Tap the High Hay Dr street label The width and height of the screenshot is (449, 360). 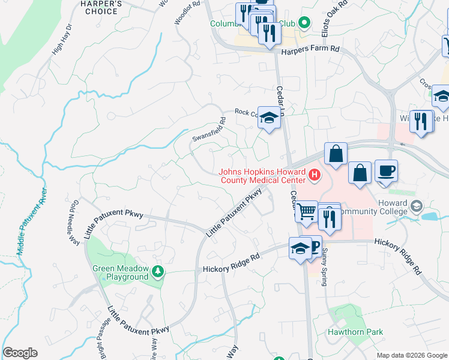[x=62, y=39]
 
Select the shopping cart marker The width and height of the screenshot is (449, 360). [x=307, y=211]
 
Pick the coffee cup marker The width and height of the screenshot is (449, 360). [x=386, y=170]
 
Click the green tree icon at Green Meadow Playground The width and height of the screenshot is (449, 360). [x=158, y=272]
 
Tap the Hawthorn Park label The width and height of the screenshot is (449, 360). [x=355, y=332]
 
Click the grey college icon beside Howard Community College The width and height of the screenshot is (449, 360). [x=415, y=207]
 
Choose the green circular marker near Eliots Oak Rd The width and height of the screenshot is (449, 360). [x=304, y=23]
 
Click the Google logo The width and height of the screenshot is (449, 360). [x=20, y=353]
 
